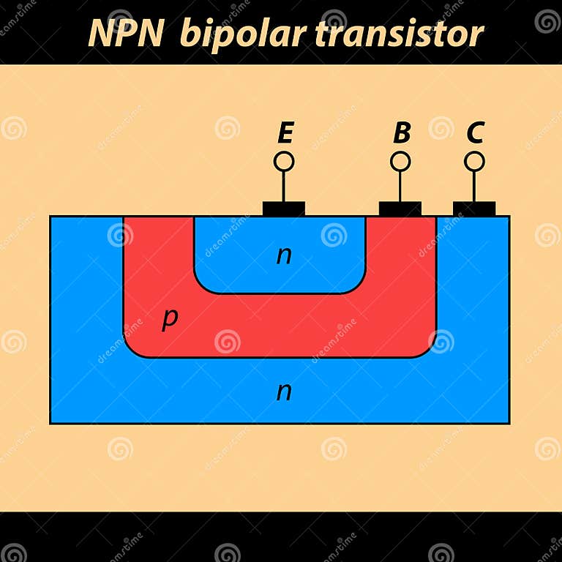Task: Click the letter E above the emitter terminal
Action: point(285,133)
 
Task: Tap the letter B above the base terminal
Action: point(402,133)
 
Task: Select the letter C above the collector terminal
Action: point(475,133)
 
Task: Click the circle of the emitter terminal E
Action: point(284,161)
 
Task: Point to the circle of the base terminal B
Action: point(400,161)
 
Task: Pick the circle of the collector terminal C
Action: point(474,161)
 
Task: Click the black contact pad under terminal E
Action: point(284,209)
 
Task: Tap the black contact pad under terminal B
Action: point(400,209)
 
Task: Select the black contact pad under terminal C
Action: point(474,209)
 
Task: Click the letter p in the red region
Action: point(169,319)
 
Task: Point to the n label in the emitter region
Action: point(284,255)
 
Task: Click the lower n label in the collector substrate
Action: point(284,391)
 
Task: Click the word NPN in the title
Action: point(125,33)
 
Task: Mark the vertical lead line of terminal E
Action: point(284,186)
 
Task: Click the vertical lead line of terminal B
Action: point(400,186)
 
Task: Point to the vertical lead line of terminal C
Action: point(474,186)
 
